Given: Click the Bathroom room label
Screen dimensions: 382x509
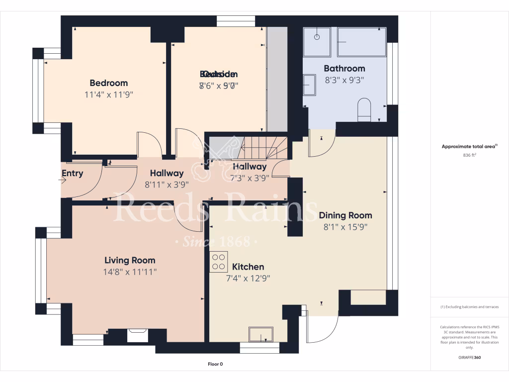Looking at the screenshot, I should point(344,69).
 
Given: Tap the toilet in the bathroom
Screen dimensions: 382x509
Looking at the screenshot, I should point(364,109).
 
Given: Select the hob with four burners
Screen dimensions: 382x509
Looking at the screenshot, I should point(218,262).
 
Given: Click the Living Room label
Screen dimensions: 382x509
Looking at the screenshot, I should point(130,260).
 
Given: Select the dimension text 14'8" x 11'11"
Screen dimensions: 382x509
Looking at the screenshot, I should point(130,272).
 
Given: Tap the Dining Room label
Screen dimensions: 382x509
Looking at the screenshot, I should point(345,215).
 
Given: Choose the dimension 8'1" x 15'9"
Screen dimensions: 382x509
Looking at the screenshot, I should point(345,227).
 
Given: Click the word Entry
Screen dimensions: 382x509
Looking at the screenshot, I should point(73,174).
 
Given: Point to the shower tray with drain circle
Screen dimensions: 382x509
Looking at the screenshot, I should point(317,42).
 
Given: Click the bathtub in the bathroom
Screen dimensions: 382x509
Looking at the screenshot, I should point(361,42).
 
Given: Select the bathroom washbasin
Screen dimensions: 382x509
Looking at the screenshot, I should point(309,85).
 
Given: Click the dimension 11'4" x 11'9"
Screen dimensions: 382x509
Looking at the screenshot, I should point(108,95).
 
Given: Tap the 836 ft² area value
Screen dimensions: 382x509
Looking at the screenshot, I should point(469,155).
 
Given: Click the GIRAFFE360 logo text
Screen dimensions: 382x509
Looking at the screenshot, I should point(469,357).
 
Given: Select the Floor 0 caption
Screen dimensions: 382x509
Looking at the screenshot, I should point(215,364).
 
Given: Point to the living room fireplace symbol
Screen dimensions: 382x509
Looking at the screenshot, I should point(137,336).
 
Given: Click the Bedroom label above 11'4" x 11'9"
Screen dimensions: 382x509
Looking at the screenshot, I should point(108,83).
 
